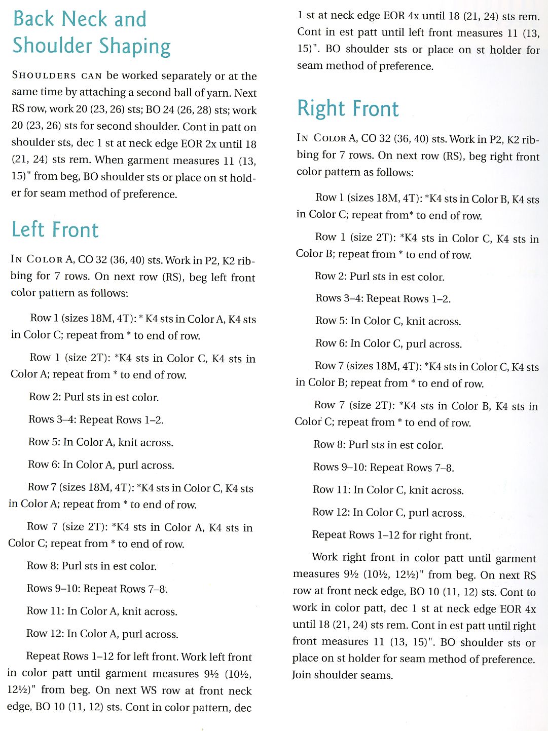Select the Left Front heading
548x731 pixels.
click(55, 229)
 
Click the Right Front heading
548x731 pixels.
click(348, 108)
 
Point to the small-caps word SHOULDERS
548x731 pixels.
click(44, 76)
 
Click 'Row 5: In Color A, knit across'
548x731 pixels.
click(101, 442)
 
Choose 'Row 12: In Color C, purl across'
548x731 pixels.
click(388, 513)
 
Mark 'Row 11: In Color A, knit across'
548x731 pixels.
click(102, 611)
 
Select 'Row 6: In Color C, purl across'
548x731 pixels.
click(388, 344)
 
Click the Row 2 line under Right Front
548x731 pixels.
click(379, 277)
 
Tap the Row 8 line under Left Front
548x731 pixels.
click(92, 566)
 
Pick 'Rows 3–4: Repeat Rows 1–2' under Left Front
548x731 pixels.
click(96, 419)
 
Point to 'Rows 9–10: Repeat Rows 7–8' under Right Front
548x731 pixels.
click(383, 468)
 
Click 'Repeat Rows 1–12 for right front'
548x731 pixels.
click(391, 535)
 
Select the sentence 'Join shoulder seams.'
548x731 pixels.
click(342, 675)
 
